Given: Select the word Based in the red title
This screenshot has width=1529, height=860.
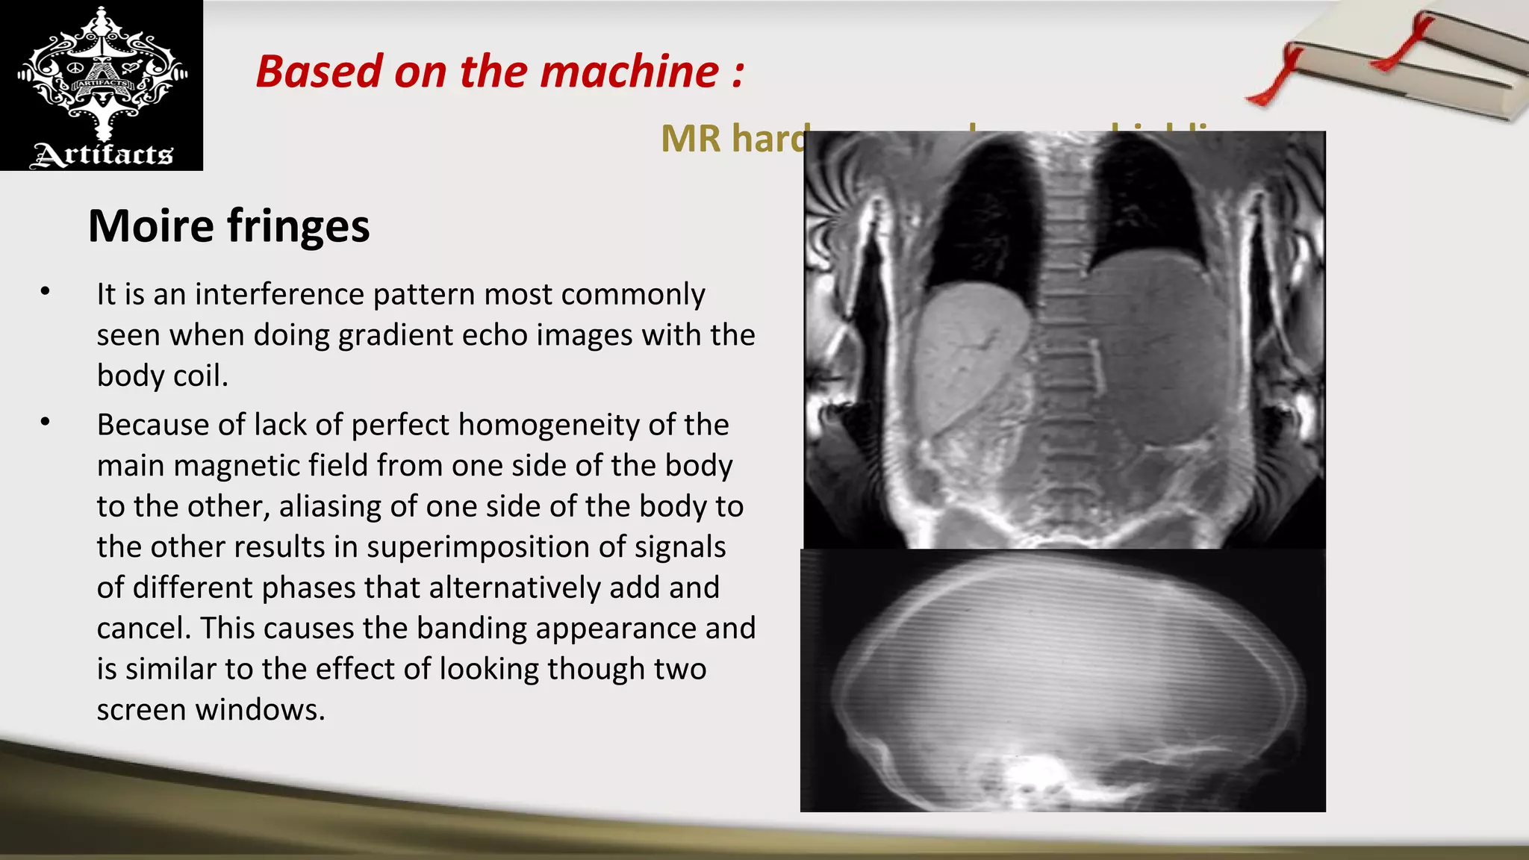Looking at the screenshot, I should pos(320,72).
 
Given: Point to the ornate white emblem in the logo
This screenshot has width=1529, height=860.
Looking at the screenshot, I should pos(102,75).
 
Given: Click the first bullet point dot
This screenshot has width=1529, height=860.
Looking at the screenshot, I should pos(46,291).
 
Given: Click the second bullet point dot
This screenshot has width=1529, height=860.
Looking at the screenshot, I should pos(46,422).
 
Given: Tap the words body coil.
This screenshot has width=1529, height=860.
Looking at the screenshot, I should pos(162,376).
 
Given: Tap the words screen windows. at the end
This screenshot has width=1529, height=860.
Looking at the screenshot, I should pos(211,710).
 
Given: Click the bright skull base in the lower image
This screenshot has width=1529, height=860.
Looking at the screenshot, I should pos(1041,776).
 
